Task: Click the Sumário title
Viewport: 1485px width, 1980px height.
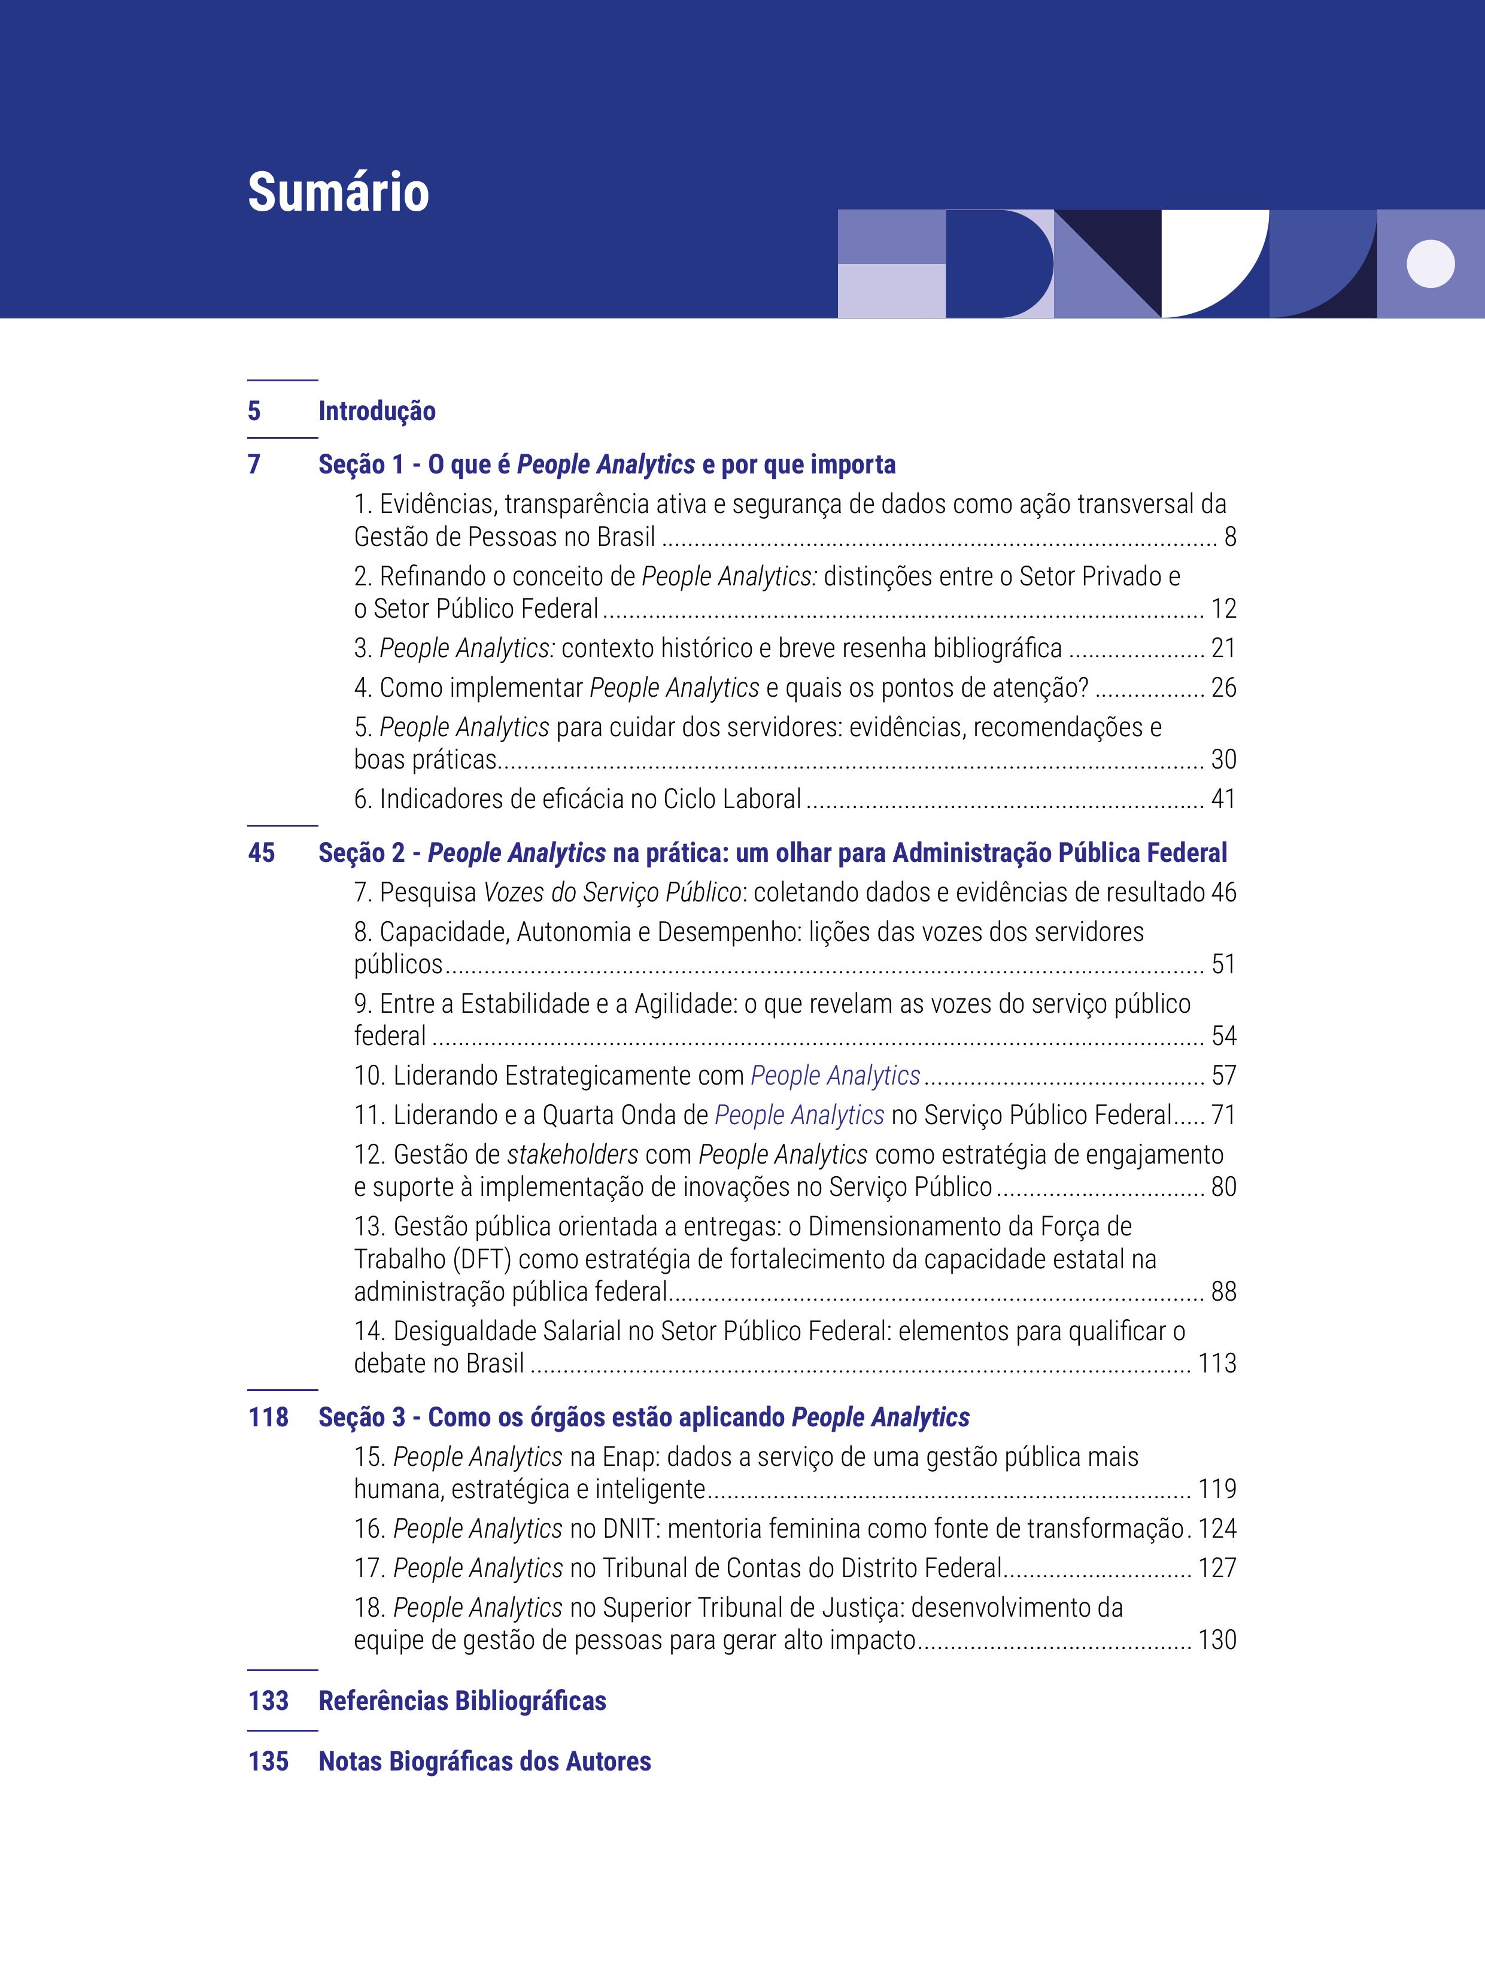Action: (x=338, y=193)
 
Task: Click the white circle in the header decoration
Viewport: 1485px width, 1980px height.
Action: (x=1431, y=264)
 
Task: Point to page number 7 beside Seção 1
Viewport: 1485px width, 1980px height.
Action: (x=254, y=464)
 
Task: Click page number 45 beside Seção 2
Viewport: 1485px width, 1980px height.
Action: (x=262, y=853)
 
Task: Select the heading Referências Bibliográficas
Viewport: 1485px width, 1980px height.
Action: (x=462, y=1700)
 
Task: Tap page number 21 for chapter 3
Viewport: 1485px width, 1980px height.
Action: (x=1223, y=648)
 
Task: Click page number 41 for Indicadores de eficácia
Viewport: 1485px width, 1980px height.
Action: (x=1223, y=798)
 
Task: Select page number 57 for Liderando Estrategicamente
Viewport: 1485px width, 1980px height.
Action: (x=1223, y=1075)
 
